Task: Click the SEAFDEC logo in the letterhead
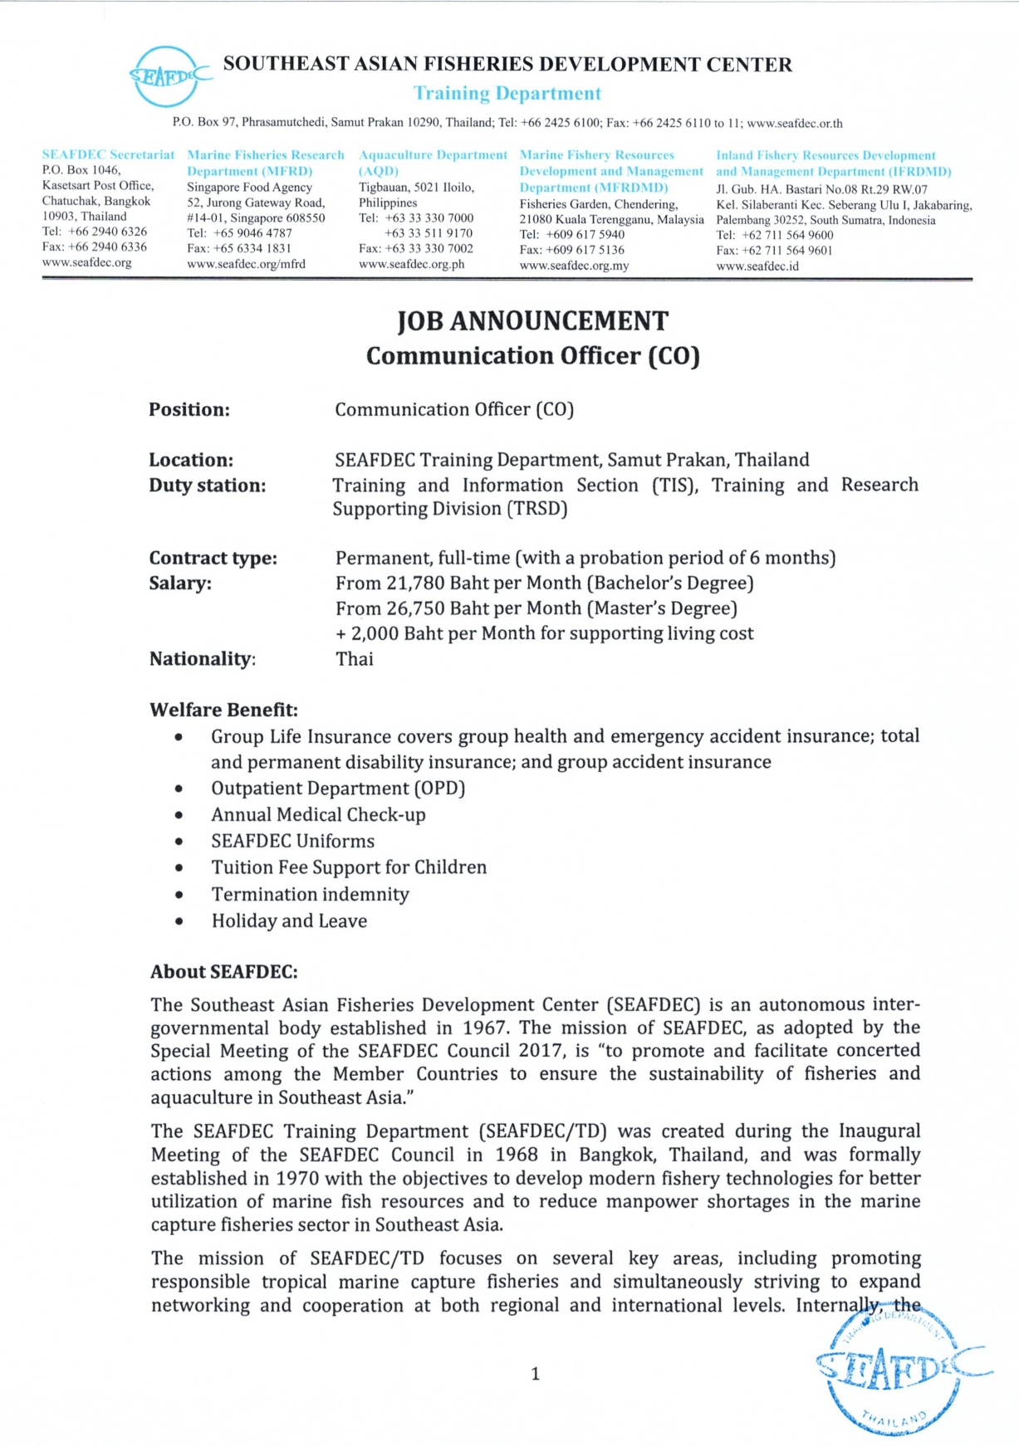(169, 76)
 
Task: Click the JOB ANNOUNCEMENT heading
(532, 321)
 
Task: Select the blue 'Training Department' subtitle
(507, 93)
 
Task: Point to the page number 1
(535, 1374)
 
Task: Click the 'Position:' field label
(189, 409)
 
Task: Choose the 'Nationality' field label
(202, 659)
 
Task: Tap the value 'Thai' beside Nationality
(355, 659)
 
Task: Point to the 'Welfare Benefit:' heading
(223, 710)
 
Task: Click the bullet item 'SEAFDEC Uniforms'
(292, 841)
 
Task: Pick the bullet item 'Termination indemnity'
(310, 894)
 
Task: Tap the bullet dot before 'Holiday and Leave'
(179, 921)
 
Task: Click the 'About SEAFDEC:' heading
(223, 972)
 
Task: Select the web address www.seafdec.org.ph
(411, 264)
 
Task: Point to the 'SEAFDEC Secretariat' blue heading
(108, 154)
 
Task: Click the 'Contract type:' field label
(213, 558)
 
